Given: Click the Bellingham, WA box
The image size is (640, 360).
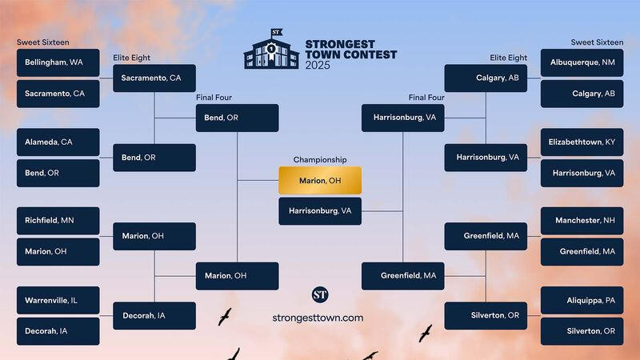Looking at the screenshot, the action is [x=58, y=62].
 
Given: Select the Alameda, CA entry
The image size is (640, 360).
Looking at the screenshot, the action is [x=58, y=142].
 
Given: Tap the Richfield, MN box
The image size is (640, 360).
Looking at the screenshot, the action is [x=58, y=221].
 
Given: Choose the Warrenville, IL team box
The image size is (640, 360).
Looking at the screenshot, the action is [x=58, y=301].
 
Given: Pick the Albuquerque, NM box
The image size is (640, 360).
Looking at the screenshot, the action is [x=582, y=62].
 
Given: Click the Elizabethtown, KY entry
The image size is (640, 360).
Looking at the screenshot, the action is [x=582, y=142].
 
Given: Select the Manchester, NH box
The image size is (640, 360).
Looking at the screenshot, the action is [x=582, y=221].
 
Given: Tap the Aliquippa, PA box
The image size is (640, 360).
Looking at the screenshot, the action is [x=582, y=301].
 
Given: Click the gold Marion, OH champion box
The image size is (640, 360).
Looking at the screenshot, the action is [x=320, y=181].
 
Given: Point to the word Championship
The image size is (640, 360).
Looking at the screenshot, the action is [x=320, y=159].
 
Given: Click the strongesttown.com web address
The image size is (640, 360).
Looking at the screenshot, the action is [x=318, y=318].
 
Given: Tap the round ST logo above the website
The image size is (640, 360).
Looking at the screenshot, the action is [x=320, y=294].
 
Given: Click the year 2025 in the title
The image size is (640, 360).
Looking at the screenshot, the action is [x=318, y=66].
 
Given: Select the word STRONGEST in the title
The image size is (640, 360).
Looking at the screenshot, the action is [x=340, y=44].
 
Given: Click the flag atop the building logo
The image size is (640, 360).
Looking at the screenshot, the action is [x=277, y=32].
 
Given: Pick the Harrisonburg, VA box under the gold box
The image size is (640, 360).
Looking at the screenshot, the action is [x=320, y=211].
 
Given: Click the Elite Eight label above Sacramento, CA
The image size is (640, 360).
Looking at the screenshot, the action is [x=131, y=58].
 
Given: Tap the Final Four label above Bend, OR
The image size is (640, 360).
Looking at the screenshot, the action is [x=214, y=98].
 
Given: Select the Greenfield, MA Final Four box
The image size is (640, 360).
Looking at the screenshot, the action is [x=403, y=276].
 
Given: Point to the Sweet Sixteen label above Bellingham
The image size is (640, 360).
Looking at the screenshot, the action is [x=43, y=42].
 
